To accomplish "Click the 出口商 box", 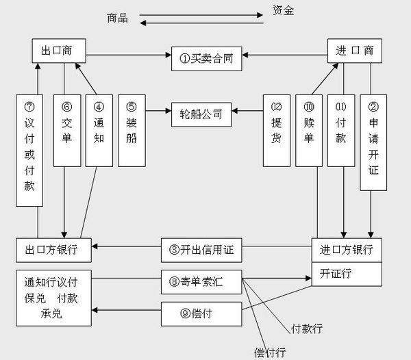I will (x=63, y=51).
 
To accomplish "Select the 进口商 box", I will (x=354, y=51).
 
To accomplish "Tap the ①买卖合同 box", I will (x=206, y=58).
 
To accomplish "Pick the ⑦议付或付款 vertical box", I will (x=29, y=149).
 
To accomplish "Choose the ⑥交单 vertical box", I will (x=66, y=129).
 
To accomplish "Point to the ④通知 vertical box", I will (x=99, y=129).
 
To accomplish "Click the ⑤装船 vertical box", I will (x=132, y=129).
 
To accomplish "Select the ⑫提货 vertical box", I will (x=277, y=129).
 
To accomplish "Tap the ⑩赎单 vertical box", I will (x=309, y=129).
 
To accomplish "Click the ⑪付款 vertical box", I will (x=341, y=129).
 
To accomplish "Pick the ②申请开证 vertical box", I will (x=373, y=142).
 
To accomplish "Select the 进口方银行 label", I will (x=347, y=249).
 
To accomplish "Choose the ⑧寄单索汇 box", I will (x=201, y=281).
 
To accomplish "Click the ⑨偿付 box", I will (x=201, y=313).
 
